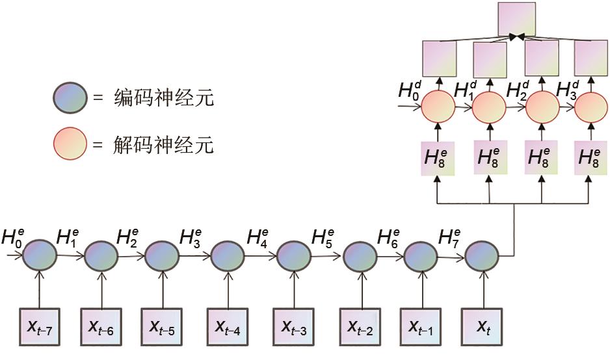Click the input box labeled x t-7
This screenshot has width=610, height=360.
(x=40, y=326)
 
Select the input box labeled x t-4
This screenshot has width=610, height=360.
(x=228, y=326)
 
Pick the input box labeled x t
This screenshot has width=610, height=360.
(x=483, y=326)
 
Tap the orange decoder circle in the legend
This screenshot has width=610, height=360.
(x=70, y=143)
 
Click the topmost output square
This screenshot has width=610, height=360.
(x=516, y=19)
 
